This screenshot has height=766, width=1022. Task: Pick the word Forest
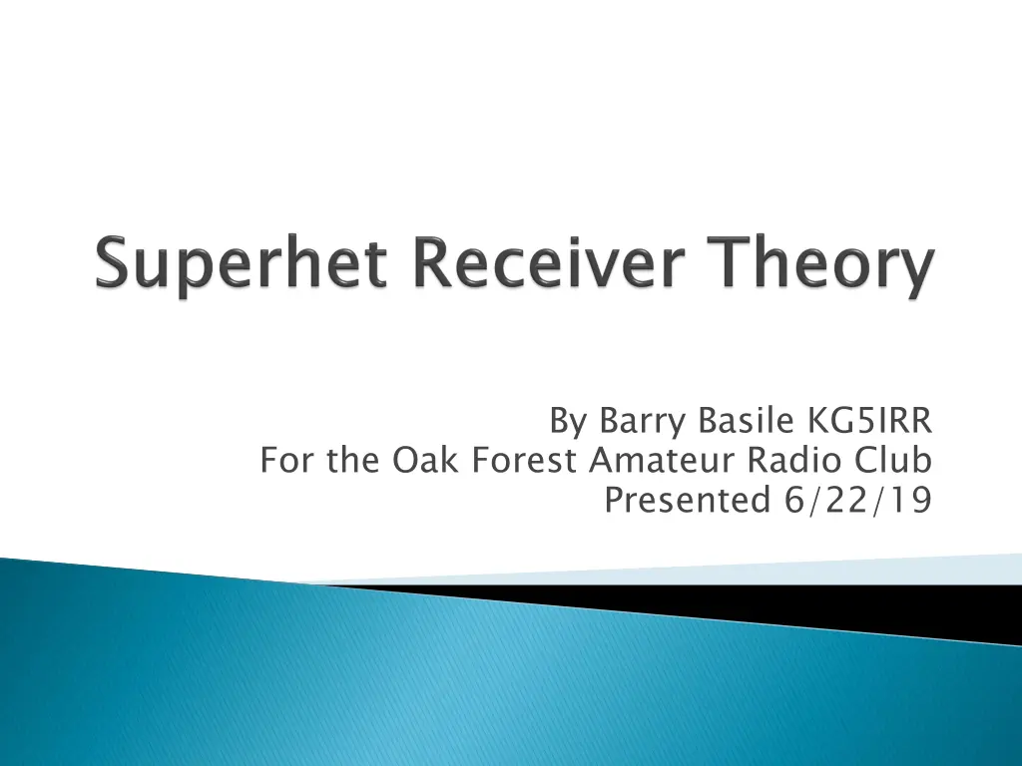[525, 460]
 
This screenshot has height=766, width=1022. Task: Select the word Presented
[689, 500]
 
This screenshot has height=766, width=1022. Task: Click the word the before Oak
[353, 460]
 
